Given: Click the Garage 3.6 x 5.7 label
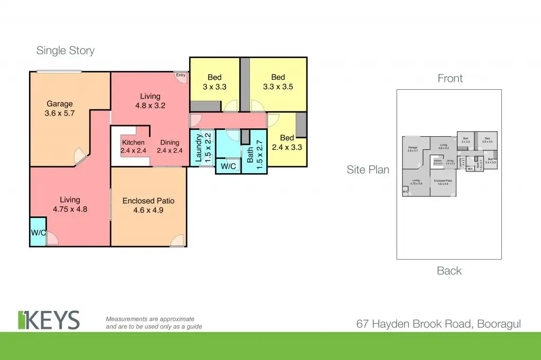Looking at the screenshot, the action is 59,109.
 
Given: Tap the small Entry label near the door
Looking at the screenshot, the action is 181,75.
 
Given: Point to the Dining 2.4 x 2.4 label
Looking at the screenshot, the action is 169,146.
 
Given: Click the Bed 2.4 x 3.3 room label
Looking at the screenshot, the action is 287,143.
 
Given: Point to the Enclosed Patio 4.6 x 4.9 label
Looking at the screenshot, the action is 148,206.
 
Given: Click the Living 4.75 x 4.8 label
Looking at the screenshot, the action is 70,204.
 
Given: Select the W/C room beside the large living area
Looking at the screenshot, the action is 38,232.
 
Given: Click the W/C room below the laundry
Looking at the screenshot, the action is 228,166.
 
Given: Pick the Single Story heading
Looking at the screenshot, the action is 66,51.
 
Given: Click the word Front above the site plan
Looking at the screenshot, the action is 450,79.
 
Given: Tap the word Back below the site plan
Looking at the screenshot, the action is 449,271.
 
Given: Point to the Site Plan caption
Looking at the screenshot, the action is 368,170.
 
